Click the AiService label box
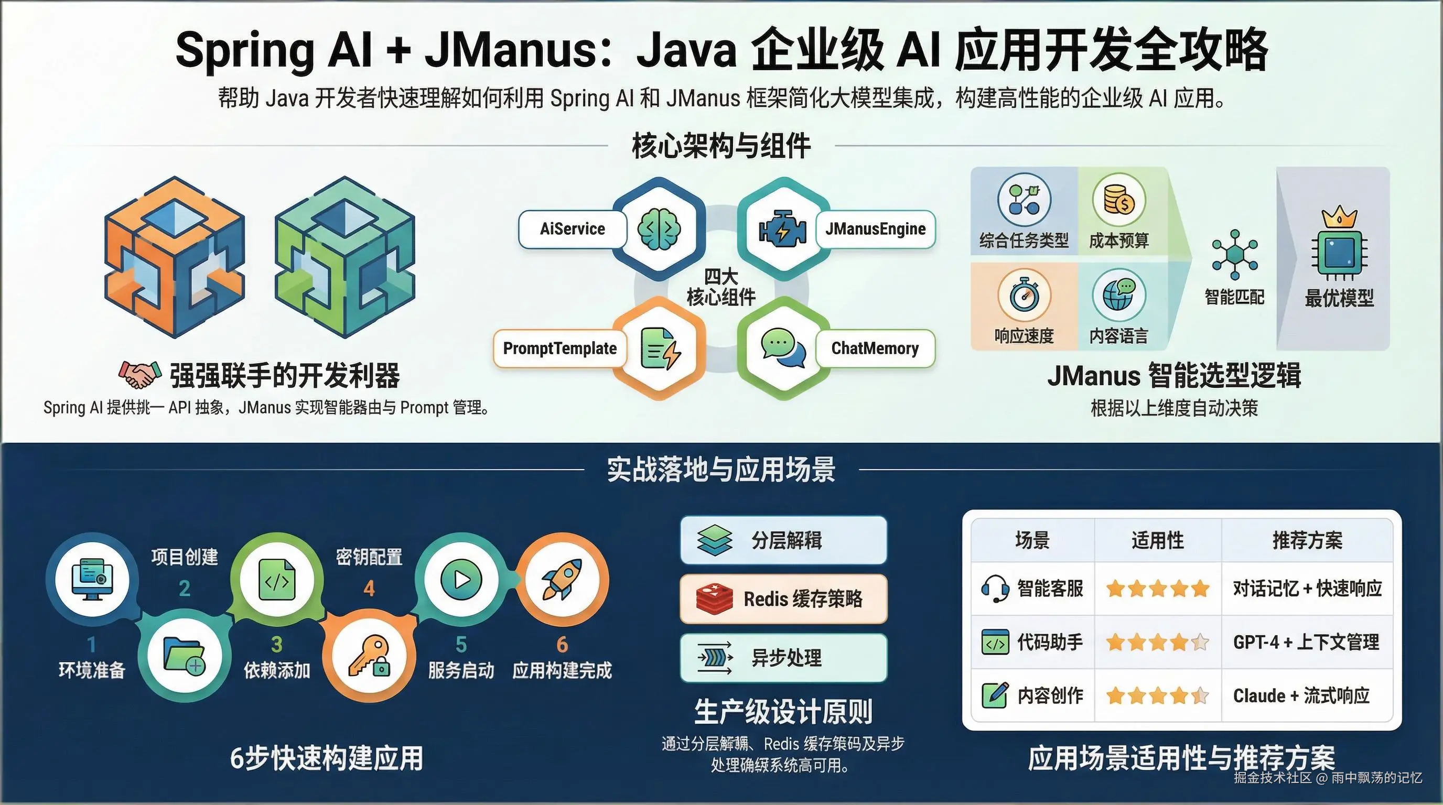572,229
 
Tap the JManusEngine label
875,229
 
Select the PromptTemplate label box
559,348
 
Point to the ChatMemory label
875,348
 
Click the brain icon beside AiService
659,229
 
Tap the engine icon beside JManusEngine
782,230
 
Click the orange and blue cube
175,257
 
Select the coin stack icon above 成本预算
1118,200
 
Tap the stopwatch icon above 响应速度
1024,295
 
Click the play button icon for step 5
461,580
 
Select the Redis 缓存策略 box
783,599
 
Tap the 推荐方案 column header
1307,540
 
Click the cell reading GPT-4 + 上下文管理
1306,641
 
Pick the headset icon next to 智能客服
994,589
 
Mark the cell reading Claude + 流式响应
1301,695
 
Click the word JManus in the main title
511,49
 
